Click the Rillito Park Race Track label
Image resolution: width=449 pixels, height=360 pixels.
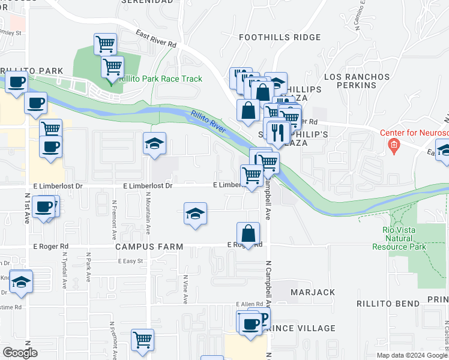[160, 79]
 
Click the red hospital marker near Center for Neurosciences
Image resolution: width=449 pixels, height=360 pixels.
[393, 145]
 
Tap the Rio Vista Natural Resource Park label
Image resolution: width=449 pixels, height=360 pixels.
[404, 238]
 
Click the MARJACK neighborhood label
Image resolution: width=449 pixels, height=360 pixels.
[313, 292]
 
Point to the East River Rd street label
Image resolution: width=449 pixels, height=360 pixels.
[155, 39]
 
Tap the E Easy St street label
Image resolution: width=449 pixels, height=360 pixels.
[131, 261]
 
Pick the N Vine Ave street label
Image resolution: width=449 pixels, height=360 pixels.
[185, 289]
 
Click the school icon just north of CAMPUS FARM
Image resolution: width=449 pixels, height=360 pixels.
[195, 214]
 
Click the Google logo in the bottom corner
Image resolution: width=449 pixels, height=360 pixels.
[20, 353]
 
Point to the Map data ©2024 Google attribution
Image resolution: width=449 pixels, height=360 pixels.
[412, 355]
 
